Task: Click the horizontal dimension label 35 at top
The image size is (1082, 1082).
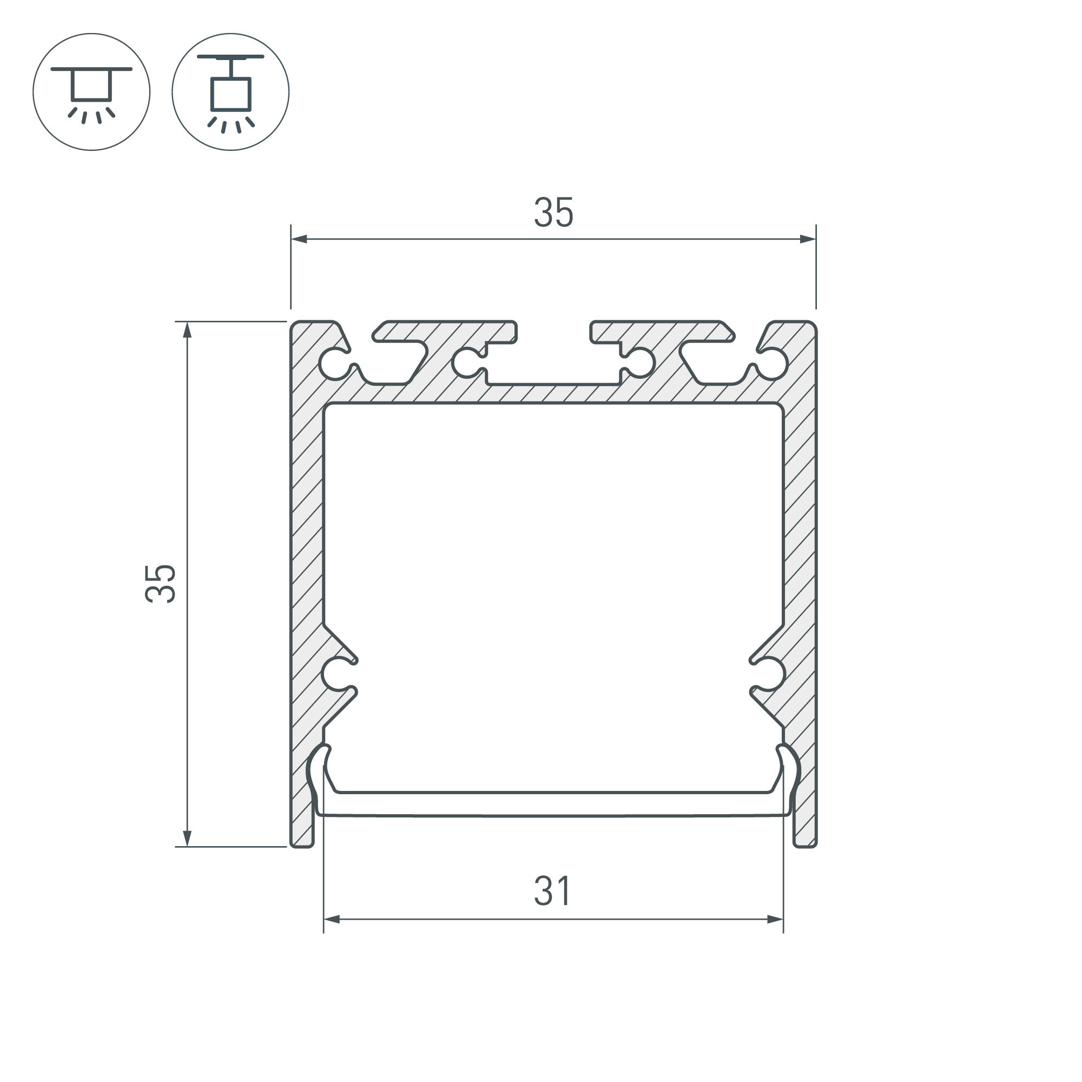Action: (553, 212)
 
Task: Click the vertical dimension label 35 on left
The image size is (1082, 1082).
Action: (160, 584)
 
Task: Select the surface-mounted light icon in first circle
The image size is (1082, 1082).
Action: (91, 92)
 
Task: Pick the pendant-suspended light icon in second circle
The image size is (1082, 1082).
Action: (231, 92)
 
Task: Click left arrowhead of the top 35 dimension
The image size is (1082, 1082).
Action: (299, 239)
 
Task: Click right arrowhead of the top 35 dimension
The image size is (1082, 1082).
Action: (808, 239)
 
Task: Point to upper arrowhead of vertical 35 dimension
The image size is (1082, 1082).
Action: (187, 330)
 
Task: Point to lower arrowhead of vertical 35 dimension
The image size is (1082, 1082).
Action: (187, 839)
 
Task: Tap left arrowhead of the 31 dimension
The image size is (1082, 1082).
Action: (332, 920)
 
